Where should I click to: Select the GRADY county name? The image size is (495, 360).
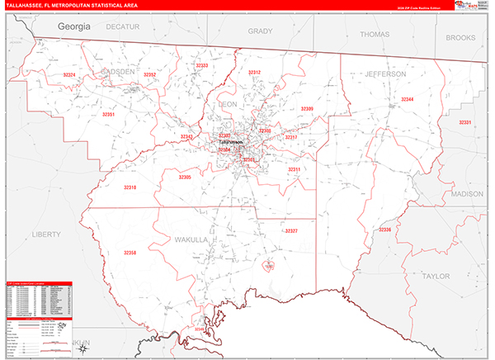(x=260, y=31)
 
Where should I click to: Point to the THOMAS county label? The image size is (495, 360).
(x=374, y=35)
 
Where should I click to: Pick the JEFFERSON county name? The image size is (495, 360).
(x=385, y=74)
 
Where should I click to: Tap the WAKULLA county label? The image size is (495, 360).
(x=191, y=239)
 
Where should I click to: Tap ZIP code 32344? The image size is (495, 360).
(x=408, y=99)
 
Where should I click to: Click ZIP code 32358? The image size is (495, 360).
(x=130, y=253)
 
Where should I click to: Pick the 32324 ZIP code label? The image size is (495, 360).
(x=69, y=75)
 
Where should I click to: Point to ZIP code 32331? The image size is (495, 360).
(x=465, y=122)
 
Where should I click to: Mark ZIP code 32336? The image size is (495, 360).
(x=385, y=229)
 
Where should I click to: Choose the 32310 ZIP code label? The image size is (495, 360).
(x=130, y=187)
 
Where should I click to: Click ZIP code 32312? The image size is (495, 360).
(x=254, y=73)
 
